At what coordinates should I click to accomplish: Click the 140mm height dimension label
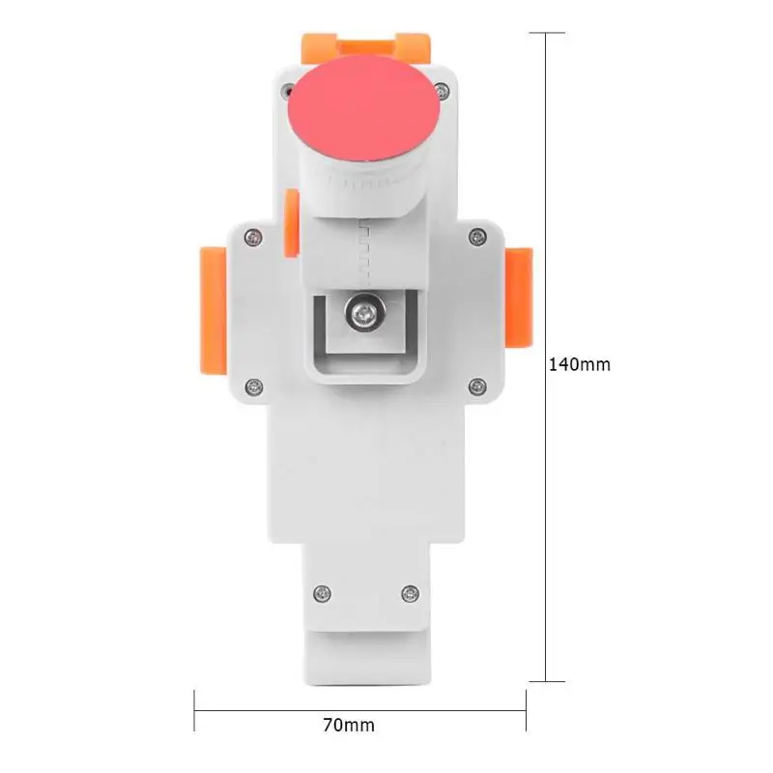point(579,365)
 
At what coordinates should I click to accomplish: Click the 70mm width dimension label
point(349,726)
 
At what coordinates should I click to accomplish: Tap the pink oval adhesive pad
point(364,108)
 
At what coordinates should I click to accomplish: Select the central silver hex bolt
point(365,312)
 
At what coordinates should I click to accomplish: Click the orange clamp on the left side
point(213,311)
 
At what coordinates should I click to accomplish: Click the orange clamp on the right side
point(519,298)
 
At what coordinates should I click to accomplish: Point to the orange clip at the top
point(365,47)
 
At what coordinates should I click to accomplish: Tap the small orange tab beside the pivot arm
point(292,223)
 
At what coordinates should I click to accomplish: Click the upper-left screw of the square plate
point(253,238)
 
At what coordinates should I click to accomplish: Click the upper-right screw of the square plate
point(476,237)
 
